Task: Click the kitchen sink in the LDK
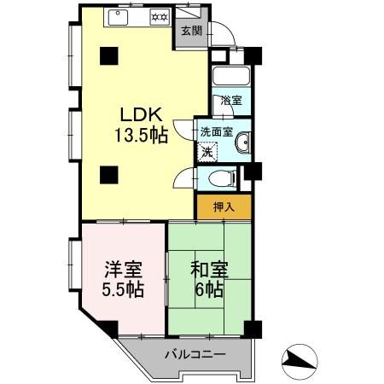pos(118,17)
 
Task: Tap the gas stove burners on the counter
pos(160,17)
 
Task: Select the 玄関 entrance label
pos(192,31)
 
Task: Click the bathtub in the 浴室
pos(231,76)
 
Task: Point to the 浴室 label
pos(231,100)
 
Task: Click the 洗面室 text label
pos(217,131)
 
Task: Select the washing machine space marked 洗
pos(207,153)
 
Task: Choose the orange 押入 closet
pos(224,207)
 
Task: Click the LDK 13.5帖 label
pos(141,125)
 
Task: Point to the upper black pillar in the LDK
pos(109,55)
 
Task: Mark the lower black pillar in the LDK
pos(109,175)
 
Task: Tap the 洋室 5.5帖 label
pos(123,280)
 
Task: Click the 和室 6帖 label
pos(209,279)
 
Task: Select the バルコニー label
pos(195,354)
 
